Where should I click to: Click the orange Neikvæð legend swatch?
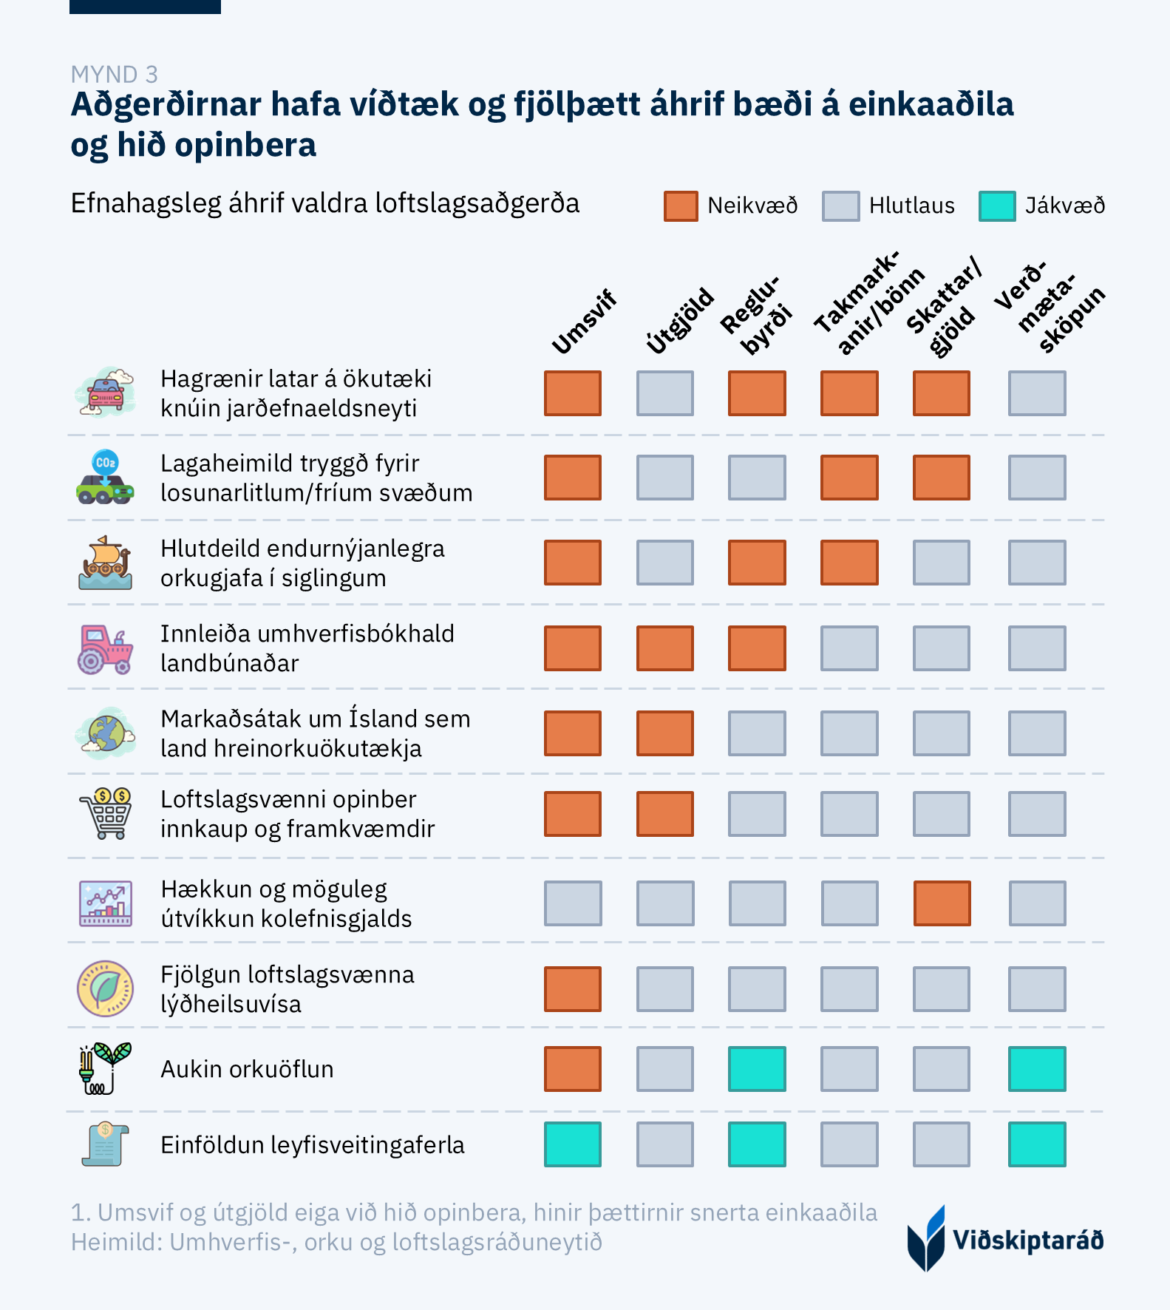click(680, 206)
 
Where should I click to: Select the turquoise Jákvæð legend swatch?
click(996, 206)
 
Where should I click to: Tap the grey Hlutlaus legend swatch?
click(840, 206)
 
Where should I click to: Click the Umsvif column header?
click(584, 323)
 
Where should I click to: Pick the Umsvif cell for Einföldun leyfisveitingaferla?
click(573, 1144)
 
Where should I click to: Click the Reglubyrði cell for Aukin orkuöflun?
click(757, 1069)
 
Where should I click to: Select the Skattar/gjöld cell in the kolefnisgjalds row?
click(942, 903)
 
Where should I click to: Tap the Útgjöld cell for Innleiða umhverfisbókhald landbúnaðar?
click(665, 648)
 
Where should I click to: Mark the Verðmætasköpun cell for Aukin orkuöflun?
click(1037, 1069)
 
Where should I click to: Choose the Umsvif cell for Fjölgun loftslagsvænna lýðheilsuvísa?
click(573, 989)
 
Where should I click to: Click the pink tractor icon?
click(105, 649)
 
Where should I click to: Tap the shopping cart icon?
click(106, 814)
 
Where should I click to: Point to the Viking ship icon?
click(105, 563)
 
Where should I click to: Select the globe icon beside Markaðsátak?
click(106, 733)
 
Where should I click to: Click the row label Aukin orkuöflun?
click(247, 1069)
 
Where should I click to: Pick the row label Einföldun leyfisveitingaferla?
click(312, 1144)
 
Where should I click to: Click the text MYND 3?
click(115, 75)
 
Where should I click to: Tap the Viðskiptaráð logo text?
click(1027, 1240)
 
